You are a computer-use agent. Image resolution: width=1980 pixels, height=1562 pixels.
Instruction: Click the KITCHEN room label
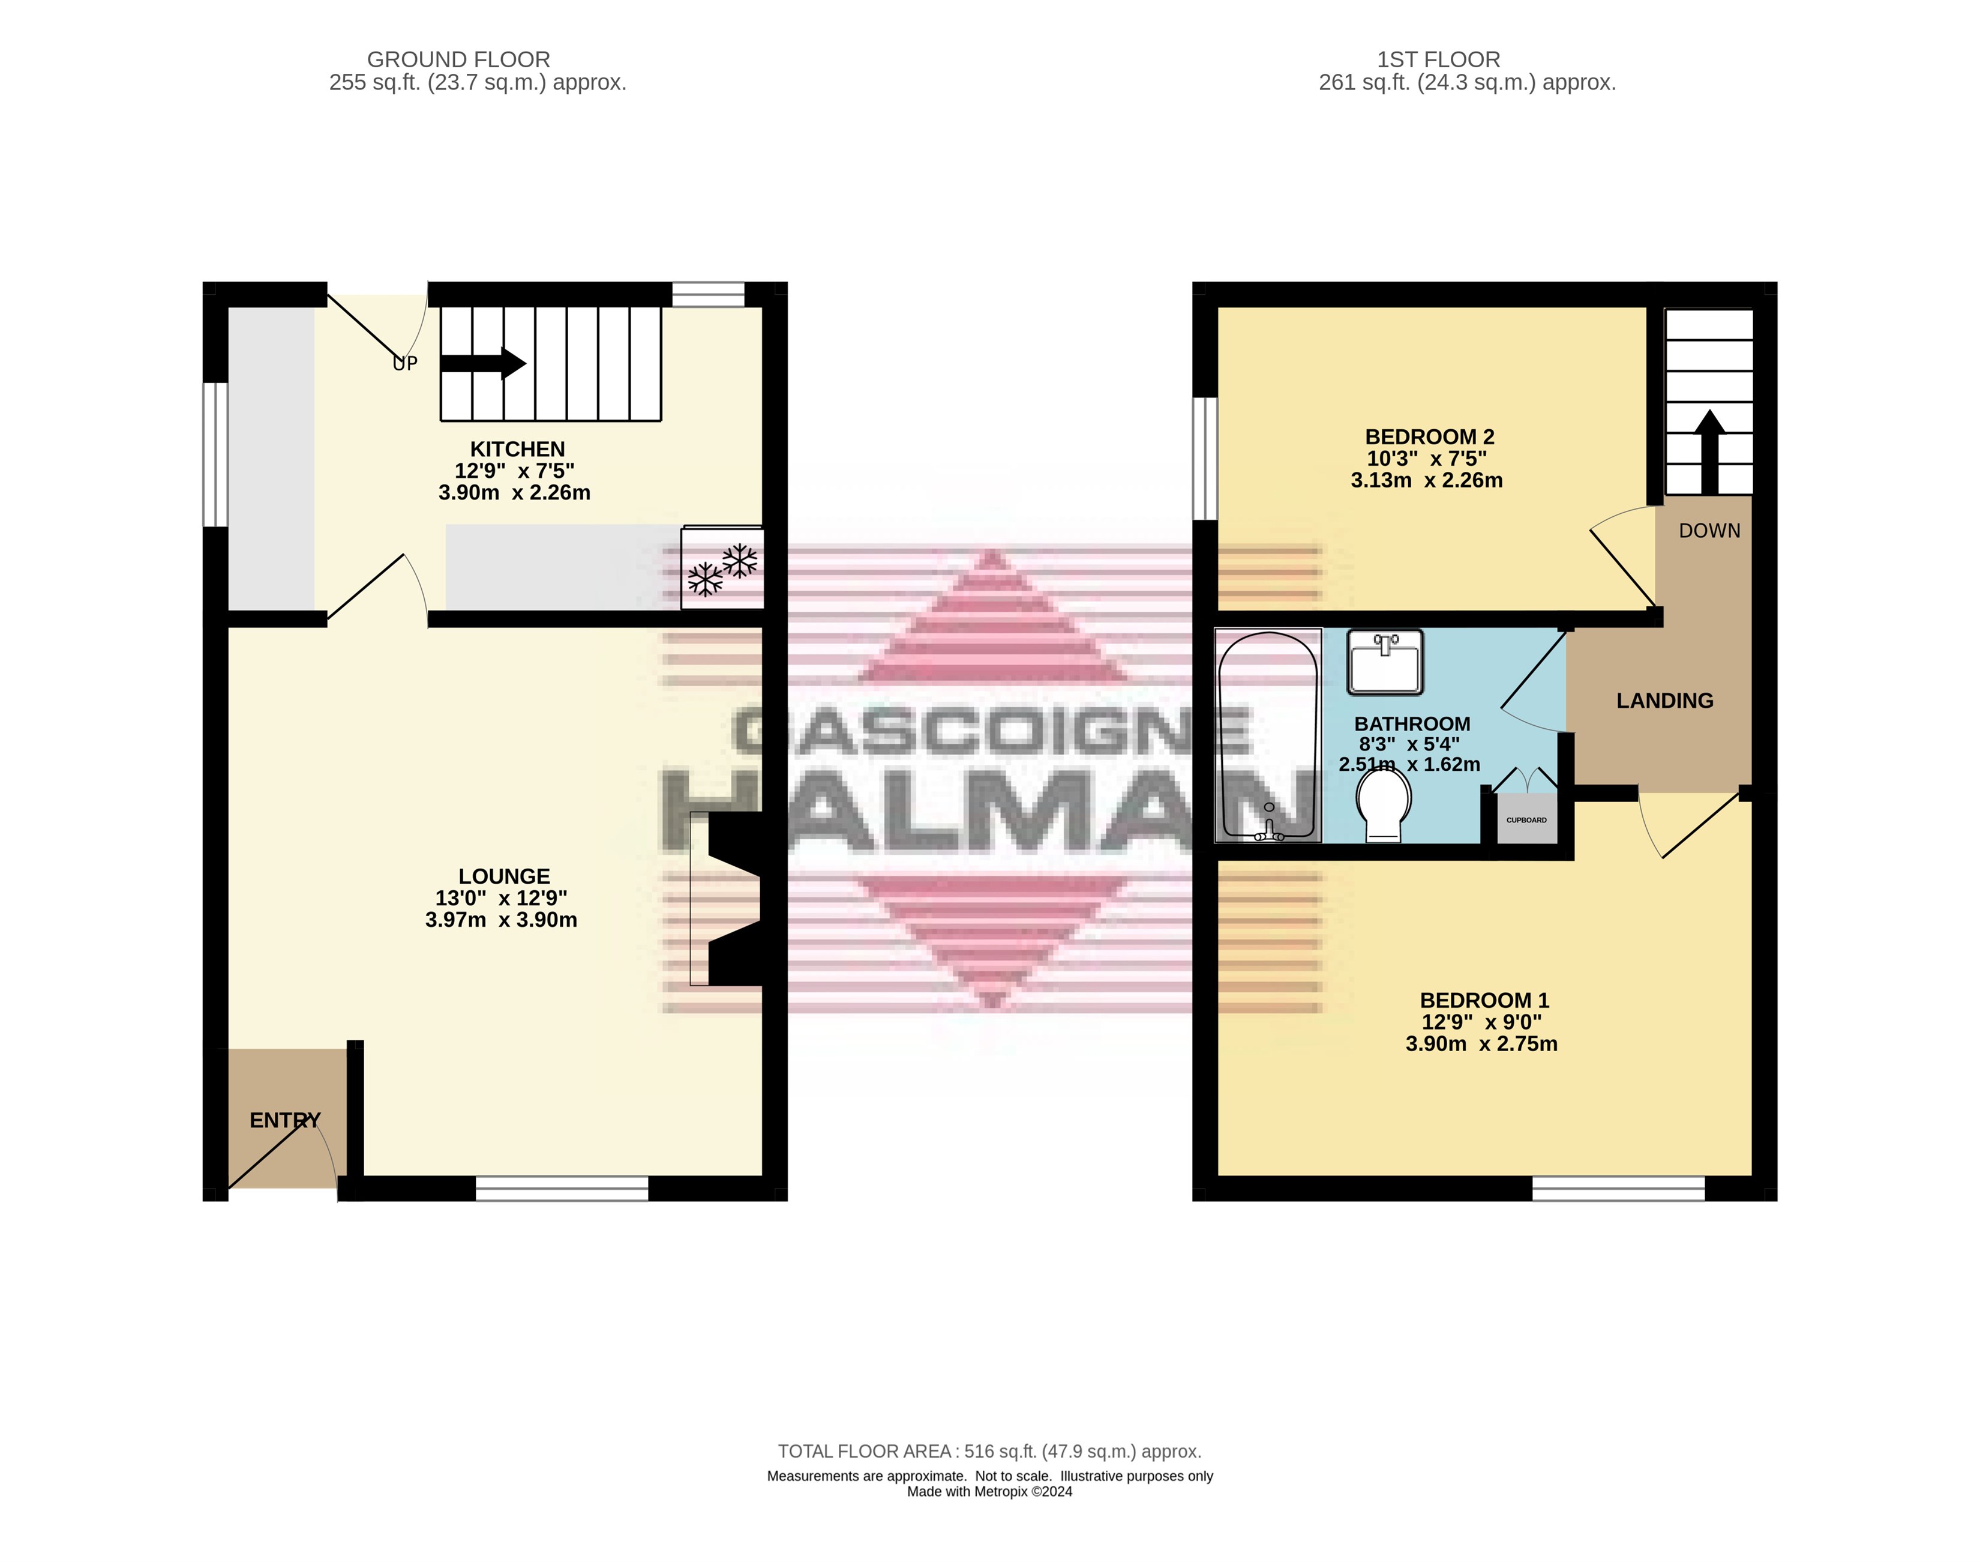click(517, 449)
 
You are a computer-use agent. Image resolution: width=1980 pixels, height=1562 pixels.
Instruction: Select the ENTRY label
click(285, 1120)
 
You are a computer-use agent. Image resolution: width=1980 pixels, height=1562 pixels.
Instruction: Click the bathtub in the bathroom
click(1268, 735)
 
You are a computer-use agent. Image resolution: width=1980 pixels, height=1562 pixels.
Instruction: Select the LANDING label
click(1664, 701)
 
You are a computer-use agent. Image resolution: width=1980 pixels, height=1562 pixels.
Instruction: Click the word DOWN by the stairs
click(1709, 531)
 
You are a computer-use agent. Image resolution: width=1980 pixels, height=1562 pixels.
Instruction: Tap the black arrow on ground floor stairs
click(482, 364)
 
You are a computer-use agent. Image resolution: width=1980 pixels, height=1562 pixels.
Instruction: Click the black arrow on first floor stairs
click(1709, 452)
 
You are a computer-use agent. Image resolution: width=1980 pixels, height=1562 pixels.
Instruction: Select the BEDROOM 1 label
click(1484, 1001)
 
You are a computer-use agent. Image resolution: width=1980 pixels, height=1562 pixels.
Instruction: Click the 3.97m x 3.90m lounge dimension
click(501, 920)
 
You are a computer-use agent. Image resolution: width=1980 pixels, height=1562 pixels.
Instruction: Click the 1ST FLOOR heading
click(1439, 59)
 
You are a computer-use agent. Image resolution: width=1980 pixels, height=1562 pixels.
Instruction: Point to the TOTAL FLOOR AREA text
click(989, 1452)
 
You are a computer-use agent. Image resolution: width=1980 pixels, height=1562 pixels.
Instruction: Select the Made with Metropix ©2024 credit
click(989, 1492)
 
